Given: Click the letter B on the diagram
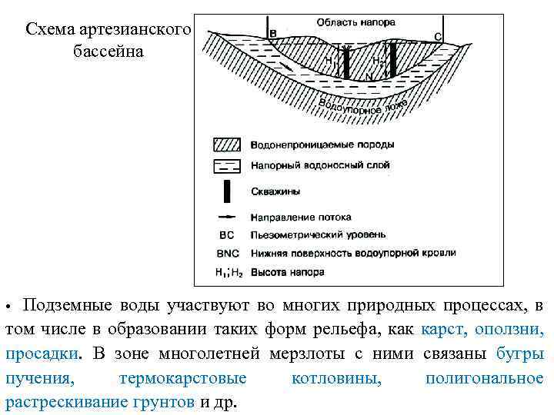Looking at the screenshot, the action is coord(273,33).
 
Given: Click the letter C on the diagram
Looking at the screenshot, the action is coord(438,36).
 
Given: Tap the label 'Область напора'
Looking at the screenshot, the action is coord(351,20).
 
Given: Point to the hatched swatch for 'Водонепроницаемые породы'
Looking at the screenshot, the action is coord(228,144).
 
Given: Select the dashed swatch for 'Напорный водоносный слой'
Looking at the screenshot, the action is coord(228,164).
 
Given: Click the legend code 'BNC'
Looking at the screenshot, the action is coord(228,253).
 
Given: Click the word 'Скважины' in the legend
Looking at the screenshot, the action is coord(275,191).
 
